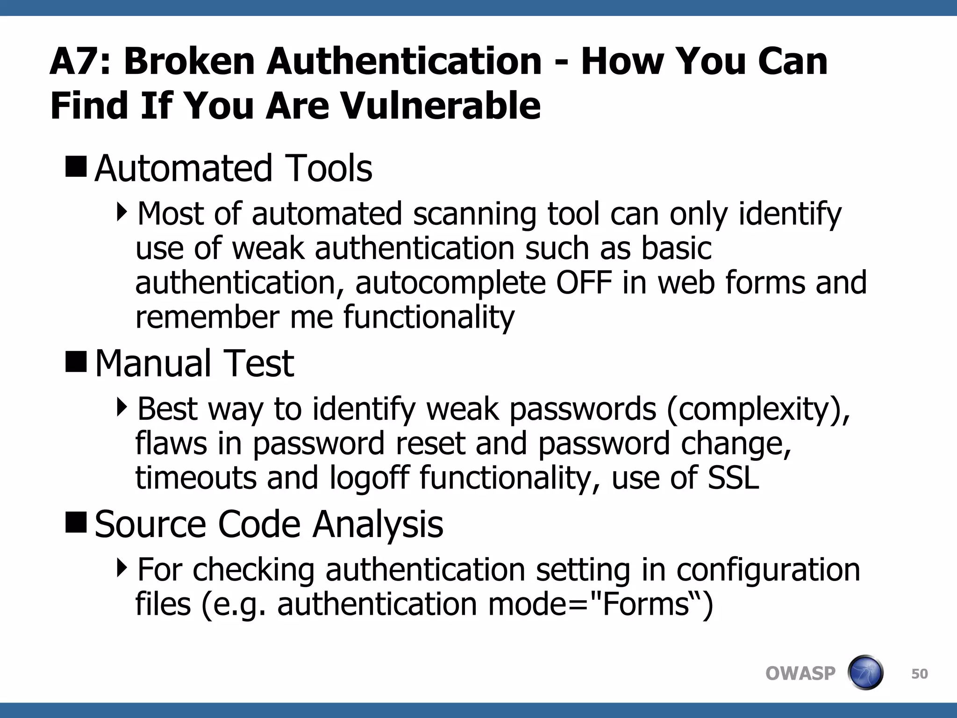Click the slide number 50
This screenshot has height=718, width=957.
coord(919,674)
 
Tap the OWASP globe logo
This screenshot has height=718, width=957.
coord(865,673)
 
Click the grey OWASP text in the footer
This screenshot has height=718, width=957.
coord(800,674)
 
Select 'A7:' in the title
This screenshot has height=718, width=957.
coord(79,61)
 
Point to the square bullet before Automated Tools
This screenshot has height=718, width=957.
coord(76,167)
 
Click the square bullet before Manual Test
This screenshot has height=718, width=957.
coord(76,362)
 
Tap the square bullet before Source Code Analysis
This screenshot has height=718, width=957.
coord(76,523)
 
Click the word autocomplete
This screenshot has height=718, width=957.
coord(450,283)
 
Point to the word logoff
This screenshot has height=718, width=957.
coord(369,478)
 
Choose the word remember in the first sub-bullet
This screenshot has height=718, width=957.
coord(207,316)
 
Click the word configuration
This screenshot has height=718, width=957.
coord(768,570)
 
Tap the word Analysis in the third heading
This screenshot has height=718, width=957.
coord(378,524)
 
